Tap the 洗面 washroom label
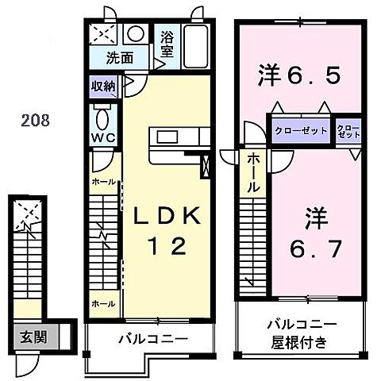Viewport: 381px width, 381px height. click(x=121, y=57)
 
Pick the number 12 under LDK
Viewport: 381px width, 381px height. click(x=169, y=247)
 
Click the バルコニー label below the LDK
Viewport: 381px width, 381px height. click(x=152, y=339)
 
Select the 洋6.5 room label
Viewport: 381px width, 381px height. click(x=299, y=77)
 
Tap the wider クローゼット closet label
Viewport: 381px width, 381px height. click(x=300, y=130)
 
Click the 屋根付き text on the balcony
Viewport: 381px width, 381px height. click(x=300, y=344)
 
